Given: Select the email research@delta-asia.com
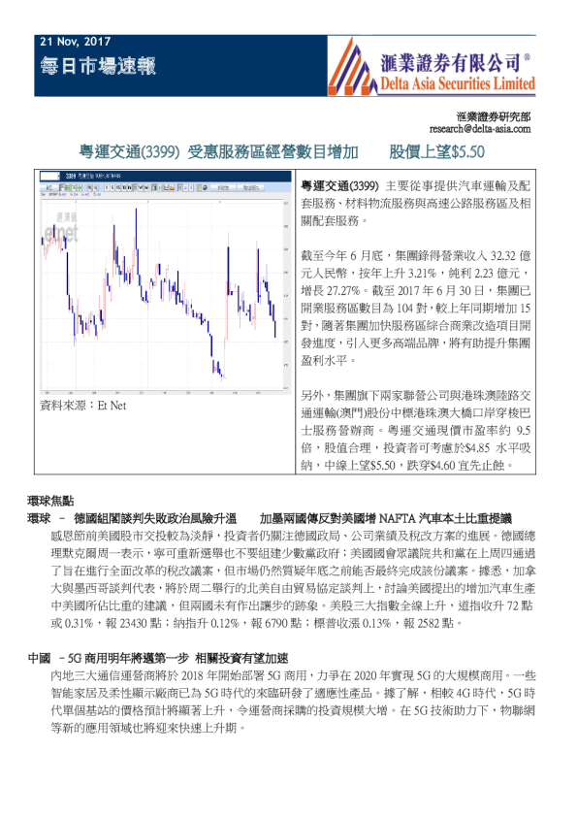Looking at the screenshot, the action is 480,127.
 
